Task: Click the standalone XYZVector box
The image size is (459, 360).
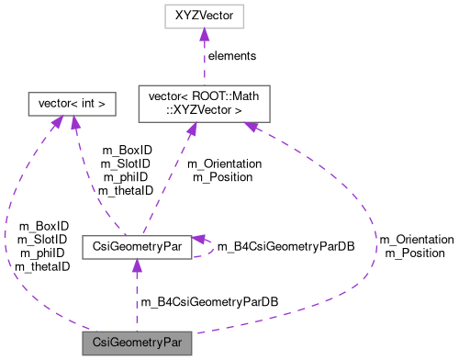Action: point(204,16)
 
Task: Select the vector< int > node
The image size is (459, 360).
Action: point(73,105)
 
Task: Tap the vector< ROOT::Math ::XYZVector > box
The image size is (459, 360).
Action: point(204,105)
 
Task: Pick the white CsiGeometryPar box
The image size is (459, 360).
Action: point(136,246)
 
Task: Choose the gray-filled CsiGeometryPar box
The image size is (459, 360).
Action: point(136,343)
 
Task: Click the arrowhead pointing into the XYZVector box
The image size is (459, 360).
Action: point(204,35)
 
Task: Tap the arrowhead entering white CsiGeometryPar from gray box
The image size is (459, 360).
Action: point(136,266)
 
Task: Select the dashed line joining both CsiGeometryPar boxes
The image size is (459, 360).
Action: point(136,298)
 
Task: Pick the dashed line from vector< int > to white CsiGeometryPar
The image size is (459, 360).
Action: point(92,184)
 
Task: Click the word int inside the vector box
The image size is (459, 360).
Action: point(92,105)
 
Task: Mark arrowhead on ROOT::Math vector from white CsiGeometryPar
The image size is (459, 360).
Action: point(191,131)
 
